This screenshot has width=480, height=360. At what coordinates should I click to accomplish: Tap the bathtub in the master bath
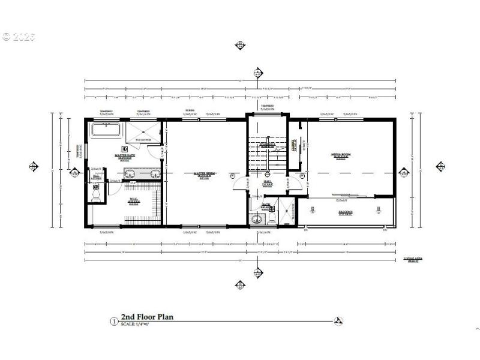click(106, 130)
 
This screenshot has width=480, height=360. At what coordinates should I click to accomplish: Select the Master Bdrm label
click(205, 174)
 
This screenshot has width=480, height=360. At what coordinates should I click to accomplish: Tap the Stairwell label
click(267, 144)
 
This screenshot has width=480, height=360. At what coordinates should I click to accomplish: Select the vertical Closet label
click(294, 148)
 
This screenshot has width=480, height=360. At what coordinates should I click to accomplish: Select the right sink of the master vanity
click(155, 175)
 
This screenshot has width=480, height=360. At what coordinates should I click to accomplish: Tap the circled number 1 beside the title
click(113, 321)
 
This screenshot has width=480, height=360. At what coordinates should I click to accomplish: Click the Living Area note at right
click(414, 259)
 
